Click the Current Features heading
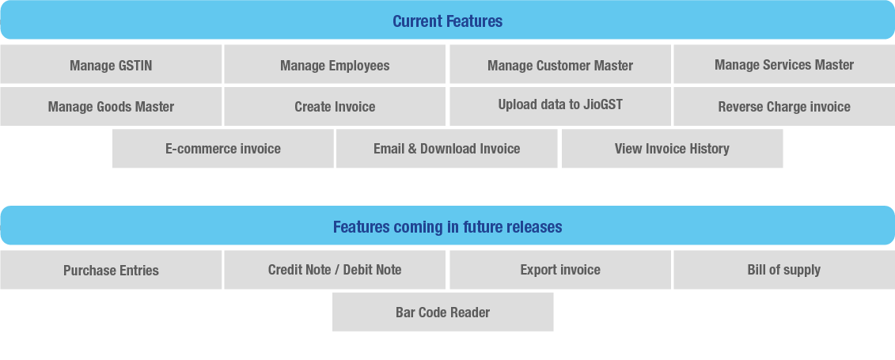tap(448, 21)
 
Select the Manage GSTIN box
tap(111, 64)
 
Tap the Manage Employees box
tap(335, 64)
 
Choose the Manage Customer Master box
tap(560, 64)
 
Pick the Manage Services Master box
tap(784, 64)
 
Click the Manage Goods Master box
tap(111, 106)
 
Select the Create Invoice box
tap(335, 106)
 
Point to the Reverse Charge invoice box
tap(784, 106)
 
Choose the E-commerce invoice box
tap(222, 148)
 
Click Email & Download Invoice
tap(446, 148)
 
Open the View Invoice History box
tap(672, 148)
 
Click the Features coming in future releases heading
tap(448, 226)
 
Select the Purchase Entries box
tap(111, 270)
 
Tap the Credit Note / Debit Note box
tap(335, 270)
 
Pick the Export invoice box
tap(560, 270)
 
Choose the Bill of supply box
tap(784, 270)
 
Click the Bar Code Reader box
tap(442, 312)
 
